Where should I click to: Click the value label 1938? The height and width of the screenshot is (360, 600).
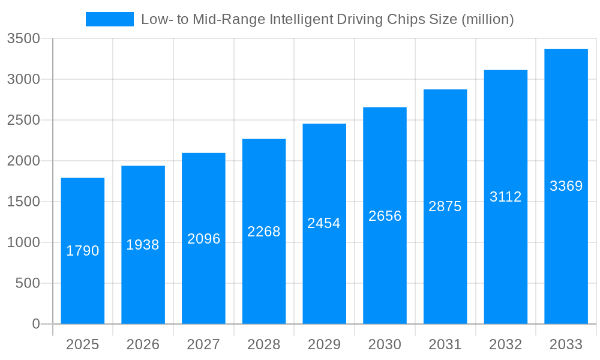click(x=143, y=245)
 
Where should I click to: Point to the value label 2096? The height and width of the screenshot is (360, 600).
click(x=204, y=239)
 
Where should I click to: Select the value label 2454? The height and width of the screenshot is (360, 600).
click(x=324, y=223)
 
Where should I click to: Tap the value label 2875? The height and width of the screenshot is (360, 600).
click(x=445, y=206)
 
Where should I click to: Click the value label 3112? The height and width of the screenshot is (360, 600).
click(x=506, y=197)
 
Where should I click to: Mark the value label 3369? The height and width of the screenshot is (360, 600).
click(x=566, y=186)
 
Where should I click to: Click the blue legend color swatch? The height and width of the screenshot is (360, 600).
click(x=110, y=19)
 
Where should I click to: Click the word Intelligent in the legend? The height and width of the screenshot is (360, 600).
click(x=301, y=19)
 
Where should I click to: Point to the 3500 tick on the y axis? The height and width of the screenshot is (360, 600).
click(x=23, y=38)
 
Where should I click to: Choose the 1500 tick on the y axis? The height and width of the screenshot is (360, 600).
click(x=23, y=202)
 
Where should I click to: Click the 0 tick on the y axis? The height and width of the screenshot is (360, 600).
click(x=35, y=324)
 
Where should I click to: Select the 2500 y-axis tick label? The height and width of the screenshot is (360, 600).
click(x=23, y=120)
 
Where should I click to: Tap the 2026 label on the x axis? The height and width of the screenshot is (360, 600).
click(x=143, y=344)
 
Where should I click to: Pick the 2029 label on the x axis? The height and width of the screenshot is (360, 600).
click(x=324, y=344)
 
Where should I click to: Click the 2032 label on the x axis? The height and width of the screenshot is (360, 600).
click(x=506, y=344)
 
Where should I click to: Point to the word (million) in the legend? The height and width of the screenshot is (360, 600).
click(x=487, y=19)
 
